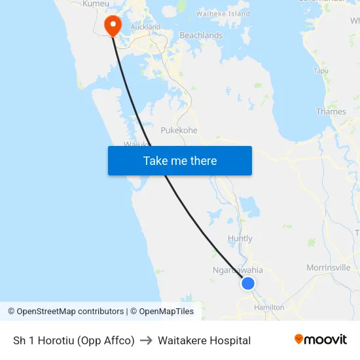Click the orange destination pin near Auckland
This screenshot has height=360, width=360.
tap(113, 25)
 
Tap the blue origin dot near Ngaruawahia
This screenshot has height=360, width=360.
tap(248, 283)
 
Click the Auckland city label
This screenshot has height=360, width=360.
tap(145, 27)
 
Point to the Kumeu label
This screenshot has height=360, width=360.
tap(96, 4)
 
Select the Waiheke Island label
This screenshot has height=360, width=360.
tap(223, 14)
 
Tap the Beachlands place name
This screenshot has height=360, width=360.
tap(201, 35)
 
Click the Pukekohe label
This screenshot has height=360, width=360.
tap(179, 130)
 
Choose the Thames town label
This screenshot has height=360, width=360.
tap(331, 112)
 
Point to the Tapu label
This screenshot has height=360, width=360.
tap(321, 71)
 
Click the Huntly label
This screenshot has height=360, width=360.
tap(240, 239)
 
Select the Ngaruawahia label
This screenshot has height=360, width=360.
tap(238, 270)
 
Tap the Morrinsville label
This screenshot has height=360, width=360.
tap(329, 268)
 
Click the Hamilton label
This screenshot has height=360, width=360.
tap(269, 307)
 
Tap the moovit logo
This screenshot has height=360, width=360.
tap(320, 339)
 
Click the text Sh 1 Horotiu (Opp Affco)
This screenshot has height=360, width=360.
tap(74, 340)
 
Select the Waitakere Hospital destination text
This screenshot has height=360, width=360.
tap(204, 340)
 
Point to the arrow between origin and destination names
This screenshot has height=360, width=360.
tap(146, 340)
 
